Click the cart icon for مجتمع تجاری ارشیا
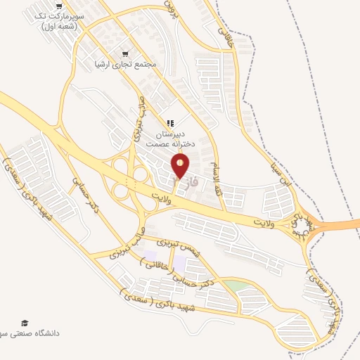click(x=126, y=53)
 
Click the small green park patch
click(x=238, y=286)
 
